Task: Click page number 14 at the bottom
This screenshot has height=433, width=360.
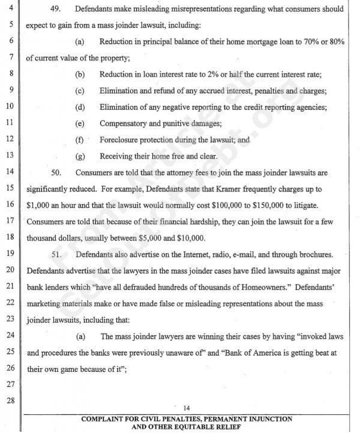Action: point(187,408)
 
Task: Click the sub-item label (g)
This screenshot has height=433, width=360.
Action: point(80,156)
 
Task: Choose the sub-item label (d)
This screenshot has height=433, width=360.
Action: point(80,107)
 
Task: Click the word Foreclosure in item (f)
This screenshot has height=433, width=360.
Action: point(121,140)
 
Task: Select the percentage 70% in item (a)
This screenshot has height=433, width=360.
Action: point(305,42)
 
